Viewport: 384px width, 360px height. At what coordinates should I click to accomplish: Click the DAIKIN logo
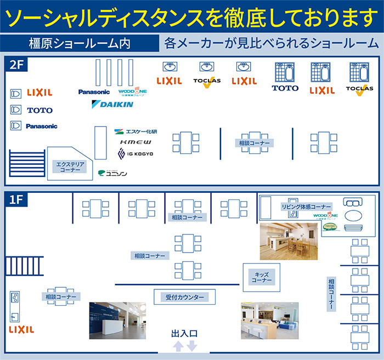[x=112, y=104]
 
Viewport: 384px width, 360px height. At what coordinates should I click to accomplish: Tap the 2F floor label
[x=17, y=65]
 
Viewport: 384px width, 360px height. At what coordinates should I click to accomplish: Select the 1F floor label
[x=16, y=200]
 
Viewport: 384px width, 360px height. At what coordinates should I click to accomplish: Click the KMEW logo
[x=132, y=142]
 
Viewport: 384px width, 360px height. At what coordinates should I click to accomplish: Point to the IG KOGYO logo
[x=134, y=155]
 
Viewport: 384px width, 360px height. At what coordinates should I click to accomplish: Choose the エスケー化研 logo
[x=135, y=131]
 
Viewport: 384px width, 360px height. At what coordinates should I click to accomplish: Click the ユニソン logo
[x=112, y=174]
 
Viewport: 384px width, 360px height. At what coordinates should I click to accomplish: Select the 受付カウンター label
[x=185, y=298]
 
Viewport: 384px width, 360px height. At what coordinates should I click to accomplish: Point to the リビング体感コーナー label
[x=306, y=207]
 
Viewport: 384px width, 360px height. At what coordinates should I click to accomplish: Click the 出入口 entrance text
[x=184, y=333]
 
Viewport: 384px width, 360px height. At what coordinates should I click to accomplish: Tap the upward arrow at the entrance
[x=178, y=346]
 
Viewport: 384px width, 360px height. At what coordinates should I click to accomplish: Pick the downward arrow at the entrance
[x=191, y=346]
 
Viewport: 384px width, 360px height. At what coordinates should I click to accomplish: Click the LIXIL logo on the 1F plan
[x=21, y=330]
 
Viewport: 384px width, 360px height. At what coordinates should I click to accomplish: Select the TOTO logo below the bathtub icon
[x=285, y=88]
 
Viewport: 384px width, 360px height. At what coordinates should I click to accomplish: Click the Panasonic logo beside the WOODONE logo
[x=94, y=92]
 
